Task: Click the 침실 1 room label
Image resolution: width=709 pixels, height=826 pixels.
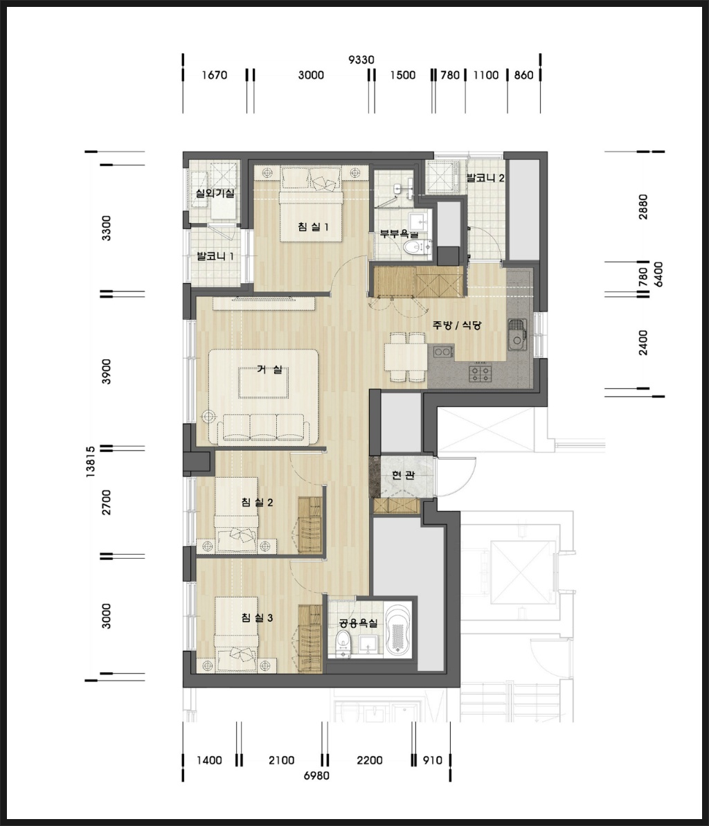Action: (313, 227)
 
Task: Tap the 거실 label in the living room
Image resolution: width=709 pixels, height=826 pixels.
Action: (270, 369)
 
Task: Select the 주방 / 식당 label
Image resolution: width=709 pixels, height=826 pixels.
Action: (457, 325)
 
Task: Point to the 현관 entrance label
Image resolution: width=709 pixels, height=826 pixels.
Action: (403, 475)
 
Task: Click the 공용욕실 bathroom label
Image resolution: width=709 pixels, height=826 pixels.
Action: (358, 623)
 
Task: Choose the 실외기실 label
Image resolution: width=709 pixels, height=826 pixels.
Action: (215, 193)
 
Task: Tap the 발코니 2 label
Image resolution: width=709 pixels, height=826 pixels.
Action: (485, 177)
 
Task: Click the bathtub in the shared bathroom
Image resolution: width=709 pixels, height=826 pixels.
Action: (399, 631)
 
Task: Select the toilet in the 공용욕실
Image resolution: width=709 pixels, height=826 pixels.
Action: (343, 645)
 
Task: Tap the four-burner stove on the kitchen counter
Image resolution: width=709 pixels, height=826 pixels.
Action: (480, 373)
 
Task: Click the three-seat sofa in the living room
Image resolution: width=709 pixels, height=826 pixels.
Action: (263, 427)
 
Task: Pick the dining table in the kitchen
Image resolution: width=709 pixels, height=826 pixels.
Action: (405, 357)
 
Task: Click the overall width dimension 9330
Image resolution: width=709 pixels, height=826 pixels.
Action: (361, 60)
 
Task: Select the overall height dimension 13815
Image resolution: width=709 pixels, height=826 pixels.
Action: (91, 462)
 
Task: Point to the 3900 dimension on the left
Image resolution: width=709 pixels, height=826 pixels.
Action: (107, 371)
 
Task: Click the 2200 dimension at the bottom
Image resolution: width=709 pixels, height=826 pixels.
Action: (369, 760)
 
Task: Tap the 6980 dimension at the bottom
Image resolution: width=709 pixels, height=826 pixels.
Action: (316, 775)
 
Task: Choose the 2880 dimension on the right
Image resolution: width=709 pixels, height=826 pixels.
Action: (643, 207)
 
